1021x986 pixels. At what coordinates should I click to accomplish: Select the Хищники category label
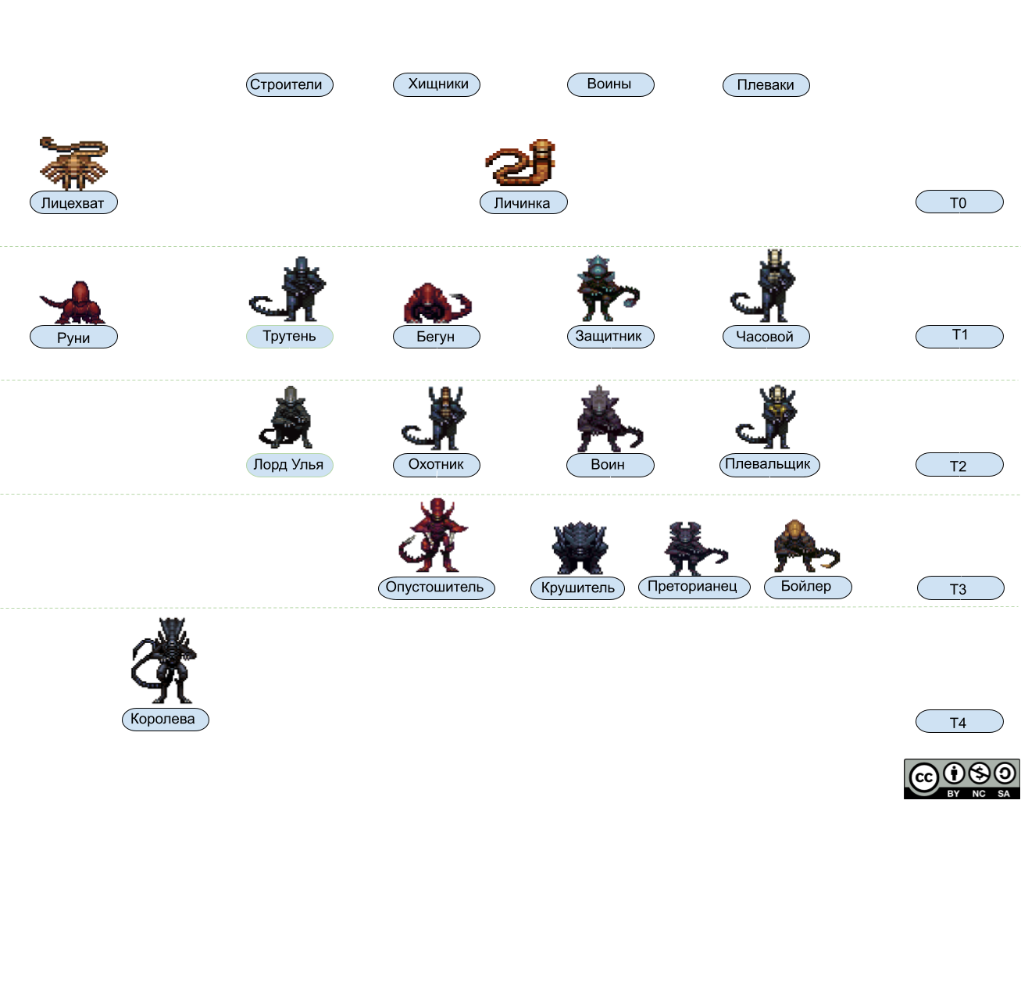[x=437, y=84]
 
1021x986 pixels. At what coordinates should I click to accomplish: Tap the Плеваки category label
[x=766, y=85]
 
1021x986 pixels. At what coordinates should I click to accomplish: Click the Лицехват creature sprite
[x=73, y=163]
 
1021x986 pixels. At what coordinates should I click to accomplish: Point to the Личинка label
[x=523, y=203]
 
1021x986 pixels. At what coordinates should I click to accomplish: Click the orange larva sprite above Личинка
[x=522, y=162]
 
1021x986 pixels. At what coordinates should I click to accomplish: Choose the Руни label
[x=73, y=338]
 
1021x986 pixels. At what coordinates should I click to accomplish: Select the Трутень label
[x=289, y=337]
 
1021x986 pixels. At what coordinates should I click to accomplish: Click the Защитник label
[x=609, y=337]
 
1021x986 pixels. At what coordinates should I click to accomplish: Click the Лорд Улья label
[x=288, y=465]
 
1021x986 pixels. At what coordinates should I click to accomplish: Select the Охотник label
[x=437, y=465]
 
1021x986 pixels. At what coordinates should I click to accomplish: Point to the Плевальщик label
[x=768, y=465]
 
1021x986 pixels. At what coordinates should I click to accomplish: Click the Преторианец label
[x=693, y=587]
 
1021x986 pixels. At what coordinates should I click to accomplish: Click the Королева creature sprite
[x=165, y=659]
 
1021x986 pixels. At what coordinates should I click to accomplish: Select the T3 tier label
[x=959, y=589]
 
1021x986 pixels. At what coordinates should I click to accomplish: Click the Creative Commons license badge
[x=962, y=778]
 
